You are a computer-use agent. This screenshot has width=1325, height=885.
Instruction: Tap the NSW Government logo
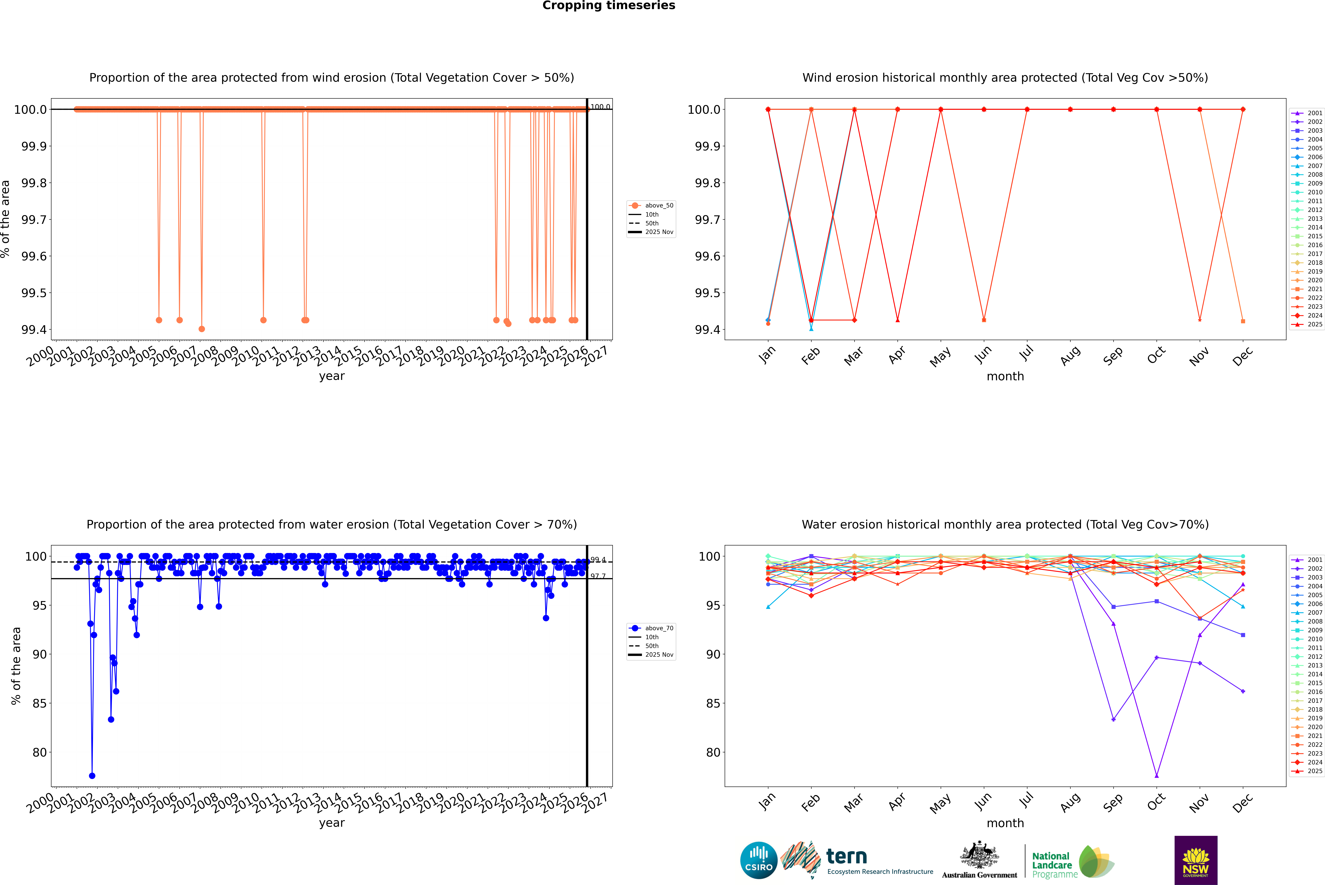(x=1196, y=860)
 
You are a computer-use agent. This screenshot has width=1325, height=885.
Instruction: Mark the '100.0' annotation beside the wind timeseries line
(x=600, y=107)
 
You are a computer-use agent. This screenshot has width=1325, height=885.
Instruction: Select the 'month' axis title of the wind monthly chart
(x=1005, y=377)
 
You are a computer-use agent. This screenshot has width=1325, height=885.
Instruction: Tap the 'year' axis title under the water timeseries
(x=331, y=823)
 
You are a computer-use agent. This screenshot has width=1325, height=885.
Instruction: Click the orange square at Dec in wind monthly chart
(x=1243, y=321)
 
